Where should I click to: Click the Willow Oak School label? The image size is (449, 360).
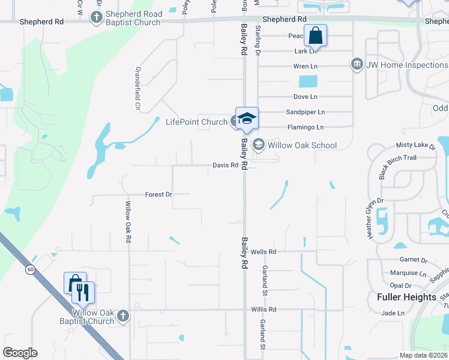303,145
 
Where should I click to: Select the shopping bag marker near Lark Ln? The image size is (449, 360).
315,37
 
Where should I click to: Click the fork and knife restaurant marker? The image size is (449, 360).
83,293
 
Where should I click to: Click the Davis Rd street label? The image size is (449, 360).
226,166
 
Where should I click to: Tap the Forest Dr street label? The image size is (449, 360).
158,194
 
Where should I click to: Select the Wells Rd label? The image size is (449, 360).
264,252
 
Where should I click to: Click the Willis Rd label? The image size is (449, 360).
264,310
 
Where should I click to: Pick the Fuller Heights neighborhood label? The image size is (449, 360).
406,297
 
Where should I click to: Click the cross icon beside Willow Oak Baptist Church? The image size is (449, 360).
122,316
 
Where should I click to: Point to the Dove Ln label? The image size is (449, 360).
305,97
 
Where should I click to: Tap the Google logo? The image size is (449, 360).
20,353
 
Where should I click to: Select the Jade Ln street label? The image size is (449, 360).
393,313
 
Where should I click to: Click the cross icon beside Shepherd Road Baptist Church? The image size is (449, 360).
96,18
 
